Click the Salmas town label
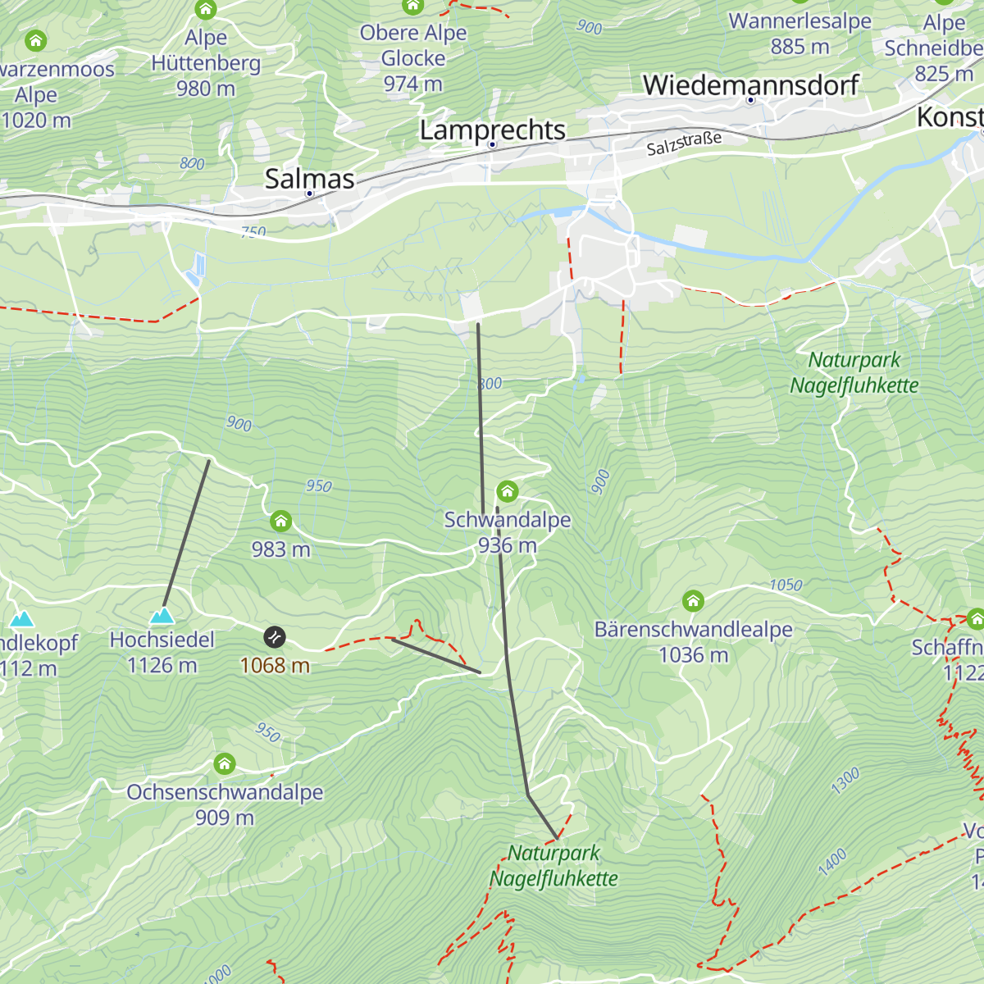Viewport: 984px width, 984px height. (309, 180)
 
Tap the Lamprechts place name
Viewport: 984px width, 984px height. (492, 130)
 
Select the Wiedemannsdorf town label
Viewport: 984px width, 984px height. (750, 85)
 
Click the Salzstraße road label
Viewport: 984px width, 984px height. (684, 143)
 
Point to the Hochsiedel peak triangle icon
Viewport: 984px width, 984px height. (162, 615)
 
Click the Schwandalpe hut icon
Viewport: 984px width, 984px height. (508, 492)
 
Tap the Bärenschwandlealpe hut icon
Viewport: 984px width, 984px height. (694, 601)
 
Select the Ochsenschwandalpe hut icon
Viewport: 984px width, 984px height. (224, 764)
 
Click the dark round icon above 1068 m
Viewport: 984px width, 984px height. (275, 636)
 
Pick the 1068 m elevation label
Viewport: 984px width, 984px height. (275, 665)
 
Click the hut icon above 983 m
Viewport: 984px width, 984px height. (280, 521)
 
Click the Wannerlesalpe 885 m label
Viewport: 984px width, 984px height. (800, 34)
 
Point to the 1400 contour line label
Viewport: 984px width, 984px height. (831, 862)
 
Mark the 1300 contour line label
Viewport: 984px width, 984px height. (845, 781)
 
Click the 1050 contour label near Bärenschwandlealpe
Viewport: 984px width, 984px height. (785, 585)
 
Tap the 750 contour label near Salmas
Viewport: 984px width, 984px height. (253, 232)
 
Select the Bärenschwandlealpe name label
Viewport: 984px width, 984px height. (694, 630)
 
